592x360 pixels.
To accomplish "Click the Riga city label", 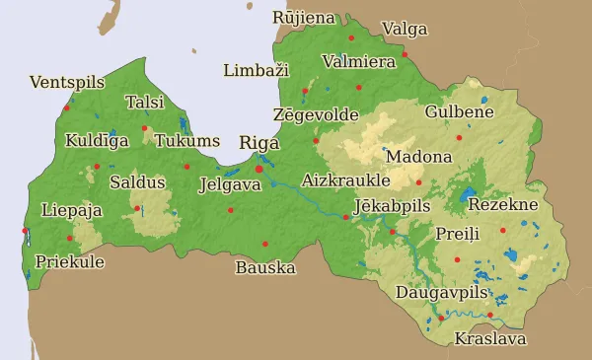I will [x=259, y=143].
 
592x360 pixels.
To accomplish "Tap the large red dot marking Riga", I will [x=259, y=169].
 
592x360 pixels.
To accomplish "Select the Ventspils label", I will [x=67, y=83].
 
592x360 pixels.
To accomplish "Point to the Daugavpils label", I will [x=442, y=293].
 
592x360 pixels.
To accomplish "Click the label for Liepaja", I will [x=72, y=210].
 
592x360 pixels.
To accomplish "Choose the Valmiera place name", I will [x=359, y=61].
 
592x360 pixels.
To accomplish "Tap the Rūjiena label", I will [x=304, y=18].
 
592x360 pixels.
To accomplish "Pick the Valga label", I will [x=405, y=29].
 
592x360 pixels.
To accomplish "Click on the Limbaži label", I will [x=256, y=71].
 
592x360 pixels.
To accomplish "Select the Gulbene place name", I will [x=459, y=112].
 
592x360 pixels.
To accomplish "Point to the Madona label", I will [x=419, y=157].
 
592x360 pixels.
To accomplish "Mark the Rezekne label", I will [x=502, y=205].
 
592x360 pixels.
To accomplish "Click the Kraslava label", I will [x=489, y=339].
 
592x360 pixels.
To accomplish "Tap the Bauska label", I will [x=265, y=267].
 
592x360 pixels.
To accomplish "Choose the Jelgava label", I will [x=230, y=184].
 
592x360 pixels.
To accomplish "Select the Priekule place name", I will [x=69, y=262].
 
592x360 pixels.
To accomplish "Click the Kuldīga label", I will [x=97, y=141].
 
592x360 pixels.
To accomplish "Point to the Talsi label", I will [x=145, y=103].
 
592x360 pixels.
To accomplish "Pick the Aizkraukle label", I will [x=345, y=180].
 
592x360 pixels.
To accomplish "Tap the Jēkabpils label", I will [x=392, y=207].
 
